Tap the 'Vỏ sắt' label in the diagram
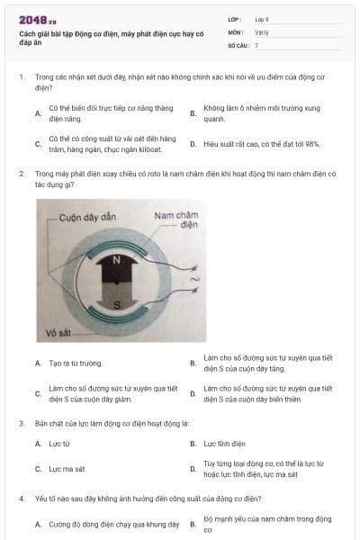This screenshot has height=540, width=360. (x=58, y=334)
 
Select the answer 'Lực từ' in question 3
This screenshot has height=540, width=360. (x=59, y=444)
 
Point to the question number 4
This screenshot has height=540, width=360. (x=21, y=497)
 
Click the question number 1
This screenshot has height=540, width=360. (x=21, y=77)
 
